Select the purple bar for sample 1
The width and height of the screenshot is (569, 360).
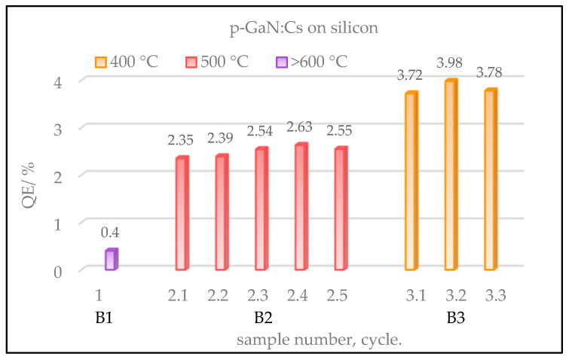pyautogui.click(x=111, y=260)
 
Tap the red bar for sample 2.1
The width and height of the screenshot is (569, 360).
pyautogui.click(x=182, y=214)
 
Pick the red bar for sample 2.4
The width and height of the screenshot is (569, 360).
pyautogui.click(x=301, y=207)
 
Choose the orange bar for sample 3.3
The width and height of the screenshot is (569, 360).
pyautogui.click(x=490, y=180)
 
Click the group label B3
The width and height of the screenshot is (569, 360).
pyautogui.click(x=455, y=318)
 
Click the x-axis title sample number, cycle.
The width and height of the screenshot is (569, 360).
pyautogui.click(x=319, y=339)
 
